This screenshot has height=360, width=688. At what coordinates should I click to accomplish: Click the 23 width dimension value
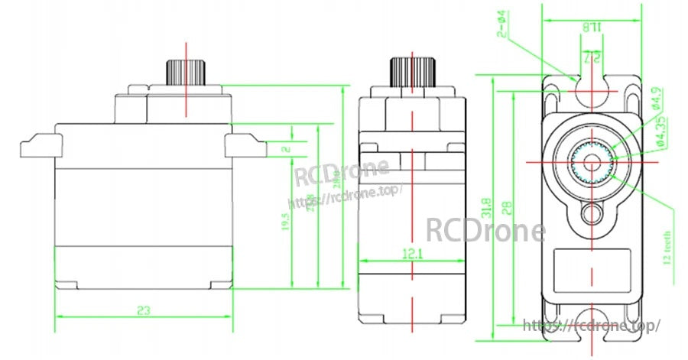pos(143,310)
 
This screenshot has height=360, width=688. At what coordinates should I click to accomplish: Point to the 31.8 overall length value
pos(485,206)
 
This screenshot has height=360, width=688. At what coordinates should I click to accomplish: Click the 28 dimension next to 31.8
pos(505,206)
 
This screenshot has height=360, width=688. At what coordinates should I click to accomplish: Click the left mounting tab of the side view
pos(39,145)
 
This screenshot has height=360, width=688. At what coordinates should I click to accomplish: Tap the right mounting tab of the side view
pos(244,145)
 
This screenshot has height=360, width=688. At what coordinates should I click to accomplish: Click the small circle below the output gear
pos(591,213)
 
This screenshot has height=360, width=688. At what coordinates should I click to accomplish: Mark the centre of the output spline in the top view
pos(591,162)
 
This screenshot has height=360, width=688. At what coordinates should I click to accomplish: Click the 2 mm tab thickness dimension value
pos(286,149)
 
